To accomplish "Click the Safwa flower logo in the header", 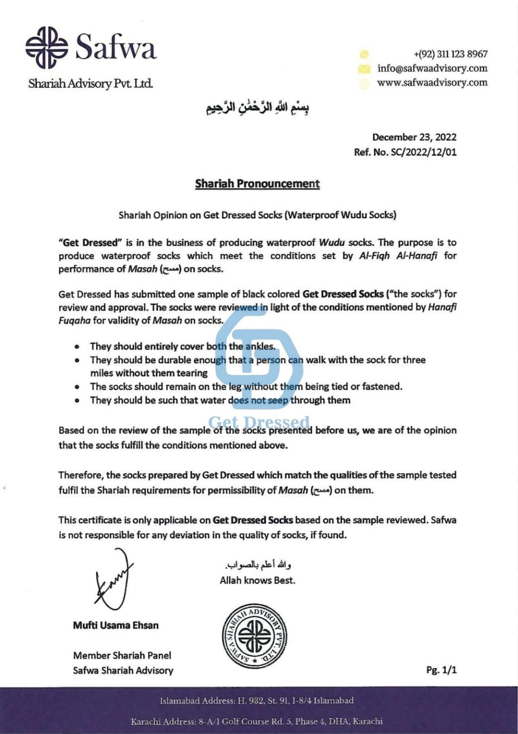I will click(x=47, y=48).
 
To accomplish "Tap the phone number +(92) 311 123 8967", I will click(x=450, y=54).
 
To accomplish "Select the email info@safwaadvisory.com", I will click(x=432, y=68).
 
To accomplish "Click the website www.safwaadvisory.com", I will click(x=432, y=83).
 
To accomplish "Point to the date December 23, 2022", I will click(x=414, y=137).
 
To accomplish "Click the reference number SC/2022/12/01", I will click(x=423, y=152).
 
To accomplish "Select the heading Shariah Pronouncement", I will click(x=257, y=184).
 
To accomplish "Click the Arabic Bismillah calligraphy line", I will click(x=258, y=107).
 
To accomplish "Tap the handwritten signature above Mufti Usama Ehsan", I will click(x=114, y=580).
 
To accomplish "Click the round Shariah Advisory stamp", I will click(x=254, y=636).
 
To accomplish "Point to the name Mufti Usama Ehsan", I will click(x=115, y=626).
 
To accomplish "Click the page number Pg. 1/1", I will click(x=441, y=670).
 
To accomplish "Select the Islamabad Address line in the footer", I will click(x=257, y=701).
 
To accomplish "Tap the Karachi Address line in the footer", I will click(x=257, y=721).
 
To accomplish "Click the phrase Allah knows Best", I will click(x=257, y=580).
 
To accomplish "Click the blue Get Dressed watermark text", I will click(x=259, y=423).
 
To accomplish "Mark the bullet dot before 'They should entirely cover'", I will click(x=77, y=347).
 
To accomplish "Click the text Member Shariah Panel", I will click(x=122, y=655).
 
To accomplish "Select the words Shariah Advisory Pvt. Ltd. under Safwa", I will click(x=91, y=84).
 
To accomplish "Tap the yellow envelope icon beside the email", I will click(x=364, y=69).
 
